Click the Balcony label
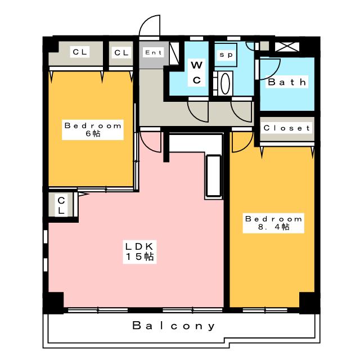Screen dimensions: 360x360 [x=174, y=326]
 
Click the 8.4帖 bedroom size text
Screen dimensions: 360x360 [x=273, y=227]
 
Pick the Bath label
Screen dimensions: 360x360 [x=287, y=82]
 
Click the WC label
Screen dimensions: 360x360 [x=196, y=73]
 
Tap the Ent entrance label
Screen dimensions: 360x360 [x=153, y=53]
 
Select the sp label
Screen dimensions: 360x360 [x=226, y=55]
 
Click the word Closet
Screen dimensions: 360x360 [x=287, y=128]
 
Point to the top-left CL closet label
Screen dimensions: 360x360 [x=79, y=52]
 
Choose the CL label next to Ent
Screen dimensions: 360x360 [x=121, y=53]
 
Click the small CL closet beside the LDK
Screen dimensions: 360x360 [x=61, y=206]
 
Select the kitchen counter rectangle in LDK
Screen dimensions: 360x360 [x=214, y=175]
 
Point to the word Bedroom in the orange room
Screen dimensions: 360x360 [x=93, y=125]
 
